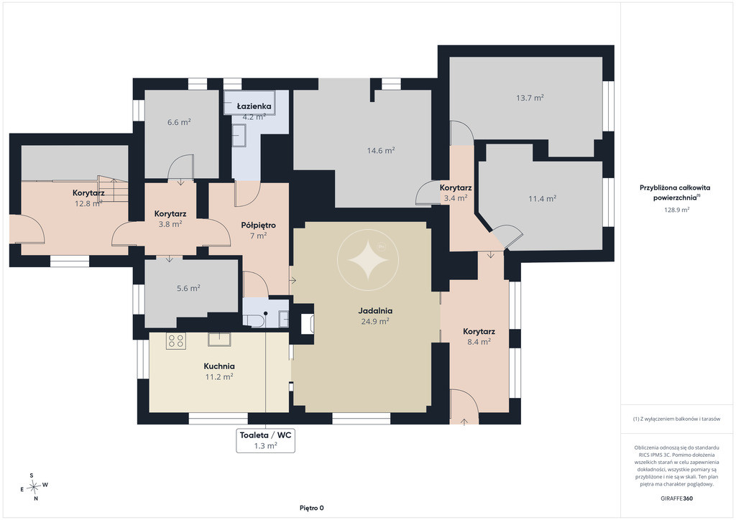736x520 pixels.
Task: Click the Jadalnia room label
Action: (x=375, y=310)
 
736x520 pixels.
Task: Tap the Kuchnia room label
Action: (x=219, y=366)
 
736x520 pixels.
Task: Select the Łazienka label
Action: (x=254, y=106)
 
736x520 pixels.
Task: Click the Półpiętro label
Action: (x=258, y=225)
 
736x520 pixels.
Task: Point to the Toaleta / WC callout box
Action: (x=266, y=440)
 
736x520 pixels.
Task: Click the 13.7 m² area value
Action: (x=530, y=98)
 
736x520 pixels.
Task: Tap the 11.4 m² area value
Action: (x=542, y=199)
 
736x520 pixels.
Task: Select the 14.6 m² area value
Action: (x=381, y=151)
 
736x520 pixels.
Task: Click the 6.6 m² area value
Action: (x=179, y=122)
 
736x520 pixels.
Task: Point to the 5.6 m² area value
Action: (x=189, y=288)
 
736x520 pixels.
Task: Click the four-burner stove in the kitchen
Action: (x=176, y=341)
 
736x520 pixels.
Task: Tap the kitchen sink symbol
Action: (x=219, y=339)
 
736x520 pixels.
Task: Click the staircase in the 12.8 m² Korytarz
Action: (x=113, y=189)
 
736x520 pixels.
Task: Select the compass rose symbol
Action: (x=33, y=487)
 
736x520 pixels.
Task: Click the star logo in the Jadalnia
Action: (x=368, y=259)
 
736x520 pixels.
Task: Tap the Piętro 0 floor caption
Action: (x=312, y=508)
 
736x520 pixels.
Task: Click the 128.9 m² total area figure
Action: (x=676, y=210)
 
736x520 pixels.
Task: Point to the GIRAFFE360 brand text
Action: (x=676, y=498)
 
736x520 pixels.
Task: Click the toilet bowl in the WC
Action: (x=254, y=321)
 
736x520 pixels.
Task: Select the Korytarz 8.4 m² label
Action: (x=479, y=336)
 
